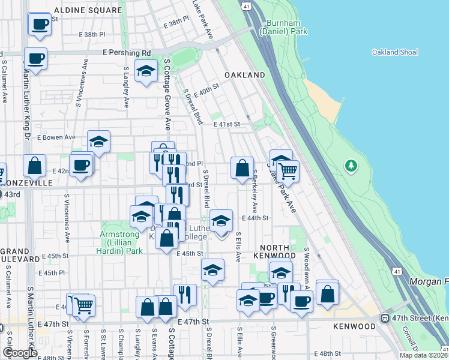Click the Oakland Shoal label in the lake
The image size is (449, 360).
tap(394, 52)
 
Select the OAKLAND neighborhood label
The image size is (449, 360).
tap(244, 75)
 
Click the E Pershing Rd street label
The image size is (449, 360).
tap(127, 52)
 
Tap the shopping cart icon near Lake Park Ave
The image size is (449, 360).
tap(288, 171)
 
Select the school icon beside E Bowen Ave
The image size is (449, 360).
tap(99, 142)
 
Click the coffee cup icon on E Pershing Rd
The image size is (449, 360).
tap(35, 59)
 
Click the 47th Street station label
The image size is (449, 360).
tap(420, 317)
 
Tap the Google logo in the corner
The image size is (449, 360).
tap(20, 353)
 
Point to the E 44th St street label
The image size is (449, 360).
tap(255, 218)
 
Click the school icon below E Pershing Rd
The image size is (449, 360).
tap(146, 71)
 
